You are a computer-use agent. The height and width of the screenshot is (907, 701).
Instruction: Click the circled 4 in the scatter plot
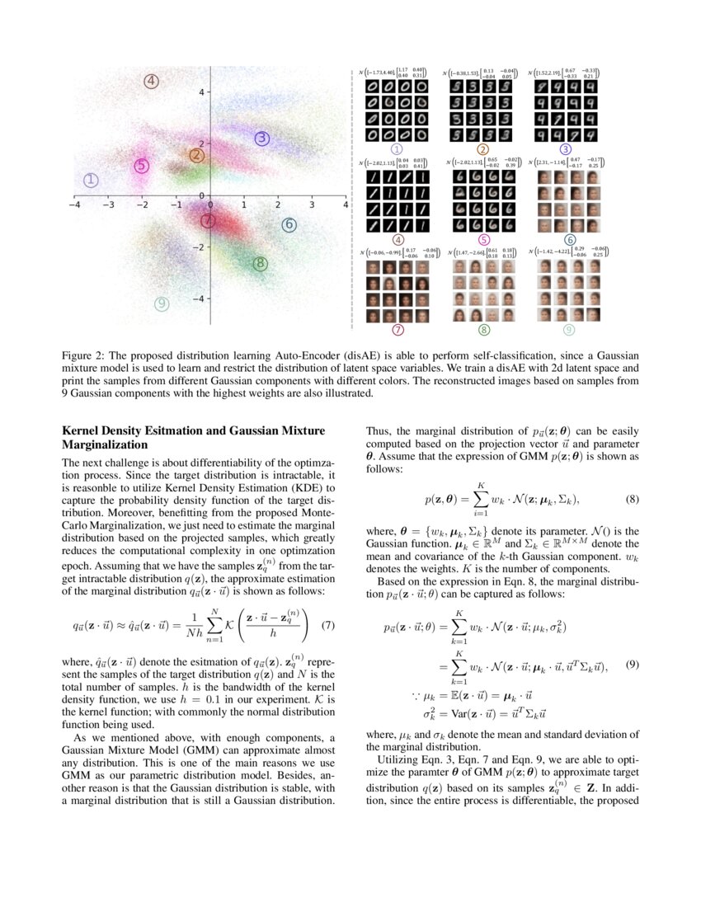coord(151,81)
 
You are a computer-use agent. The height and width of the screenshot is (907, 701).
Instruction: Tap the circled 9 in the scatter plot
coord(162,303)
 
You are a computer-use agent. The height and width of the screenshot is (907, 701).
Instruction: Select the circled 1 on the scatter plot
coord(92,180)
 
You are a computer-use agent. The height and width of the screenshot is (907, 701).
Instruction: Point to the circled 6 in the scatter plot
coord(288,224)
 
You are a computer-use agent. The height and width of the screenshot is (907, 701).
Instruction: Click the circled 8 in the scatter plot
coord(260,264)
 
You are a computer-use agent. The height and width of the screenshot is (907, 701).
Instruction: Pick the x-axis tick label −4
coord(73,204)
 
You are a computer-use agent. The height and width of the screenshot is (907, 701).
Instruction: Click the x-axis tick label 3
coord(312,204)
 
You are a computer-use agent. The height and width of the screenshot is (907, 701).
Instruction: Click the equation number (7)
coord(327,624)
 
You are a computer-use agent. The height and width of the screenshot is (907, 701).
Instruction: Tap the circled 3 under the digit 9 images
coord(565,149)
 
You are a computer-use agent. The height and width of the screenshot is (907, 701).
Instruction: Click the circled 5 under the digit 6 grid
coord(483,240)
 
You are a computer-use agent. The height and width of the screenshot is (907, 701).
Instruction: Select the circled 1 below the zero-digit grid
coord(397,149)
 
